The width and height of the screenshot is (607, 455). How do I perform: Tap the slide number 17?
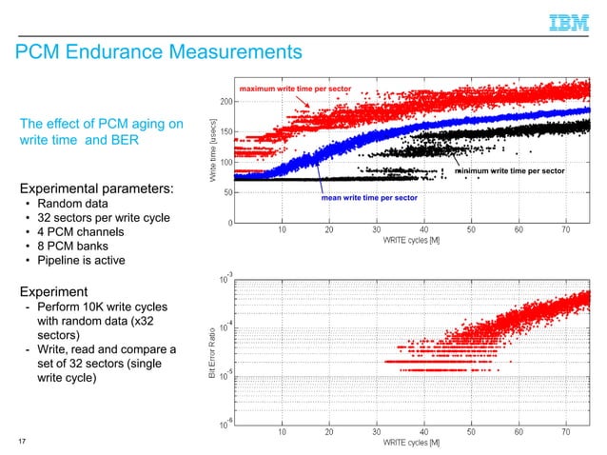click(21, 441)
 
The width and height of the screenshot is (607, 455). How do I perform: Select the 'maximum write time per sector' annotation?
click(295, 89)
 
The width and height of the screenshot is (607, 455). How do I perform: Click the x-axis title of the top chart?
click(411, 239)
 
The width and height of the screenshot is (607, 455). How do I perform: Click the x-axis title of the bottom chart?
click(411, 443)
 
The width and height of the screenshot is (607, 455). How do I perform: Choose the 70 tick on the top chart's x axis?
click(566, 229)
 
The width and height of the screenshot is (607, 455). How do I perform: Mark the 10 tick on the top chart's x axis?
click(283, 229)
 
